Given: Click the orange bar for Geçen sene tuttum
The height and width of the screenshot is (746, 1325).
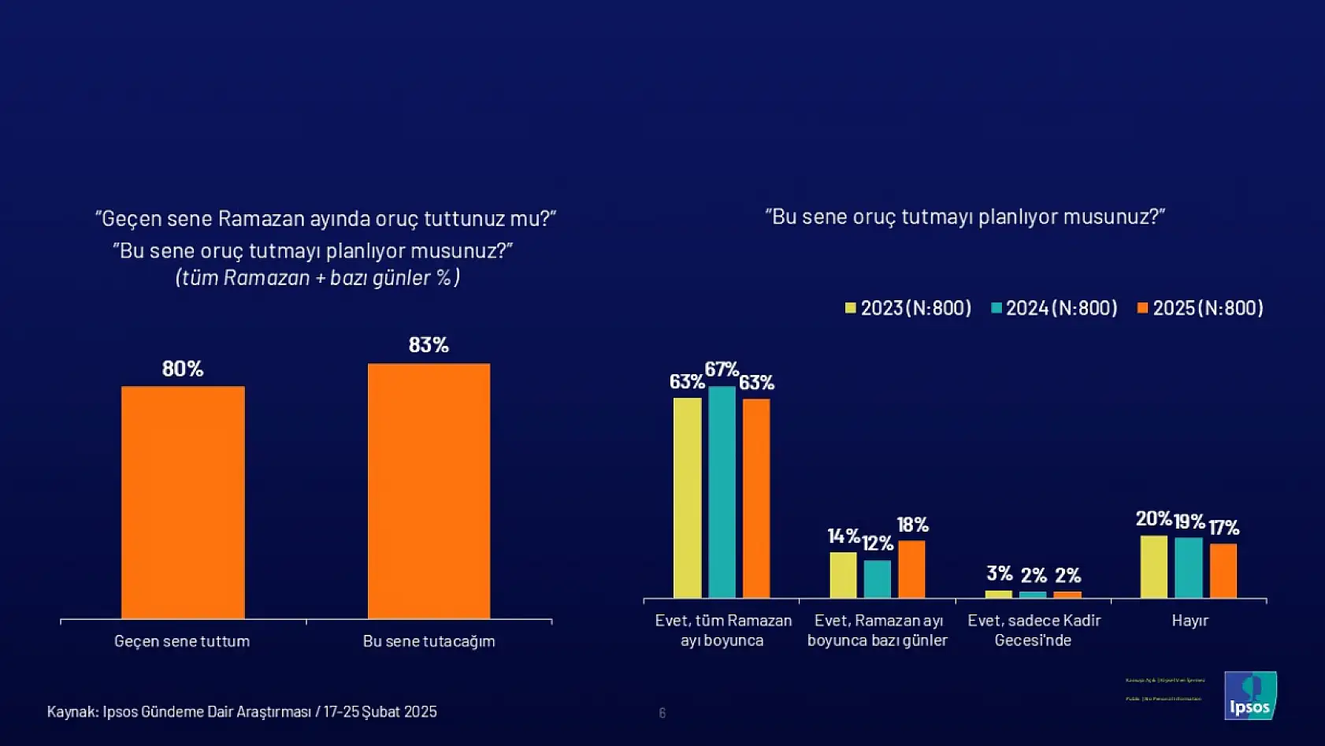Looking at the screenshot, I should click(x=183, y=502).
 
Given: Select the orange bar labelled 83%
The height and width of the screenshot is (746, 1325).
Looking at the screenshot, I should click(x=429, y=491).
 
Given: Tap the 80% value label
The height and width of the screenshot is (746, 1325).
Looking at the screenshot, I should click(x=183, y=369).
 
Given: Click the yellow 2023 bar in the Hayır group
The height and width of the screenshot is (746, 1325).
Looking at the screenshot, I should click(x=1154, y=566).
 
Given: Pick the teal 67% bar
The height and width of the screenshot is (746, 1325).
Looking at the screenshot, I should click(x=722, y=492).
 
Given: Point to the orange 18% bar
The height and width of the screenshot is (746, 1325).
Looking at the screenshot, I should click(x=911, y=569).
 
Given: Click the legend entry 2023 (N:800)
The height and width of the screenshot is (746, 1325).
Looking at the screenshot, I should click(x=908, y=308).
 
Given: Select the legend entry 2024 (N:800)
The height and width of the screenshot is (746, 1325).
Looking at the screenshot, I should click(x=1054, y=308).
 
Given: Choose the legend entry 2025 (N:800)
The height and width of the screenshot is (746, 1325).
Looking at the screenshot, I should click(x=1201, y=308).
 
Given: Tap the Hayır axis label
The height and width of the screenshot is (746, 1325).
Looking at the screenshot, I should click(x=1190, y=621).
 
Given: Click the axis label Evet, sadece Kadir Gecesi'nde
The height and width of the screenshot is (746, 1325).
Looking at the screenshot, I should click(x=1034, y=630).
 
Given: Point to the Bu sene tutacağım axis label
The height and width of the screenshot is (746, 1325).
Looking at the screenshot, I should click(x=429, y=641).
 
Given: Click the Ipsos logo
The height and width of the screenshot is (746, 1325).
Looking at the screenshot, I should click(x=1250, y=696).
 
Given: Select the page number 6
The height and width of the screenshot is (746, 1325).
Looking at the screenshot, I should click(x=662, y=713).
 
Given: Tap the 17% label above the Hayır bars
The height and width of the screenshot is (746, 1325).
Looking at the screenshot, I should click(x=1223, y=527).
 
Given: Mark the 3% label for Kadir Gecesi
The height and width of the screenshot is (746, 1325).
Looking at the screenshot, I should click(x=999, y=573).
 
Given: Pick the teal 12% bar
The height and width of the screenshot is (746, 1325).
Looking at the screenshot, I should click(x=877, y=579).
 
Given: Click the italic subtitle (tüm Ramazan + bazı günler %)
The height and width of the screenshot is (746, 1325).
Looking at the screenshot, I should click(x=317, y=277).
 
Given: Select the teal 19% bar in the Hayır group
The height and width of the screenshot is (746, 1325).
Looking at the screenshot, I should click(x=1189, y=567).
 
